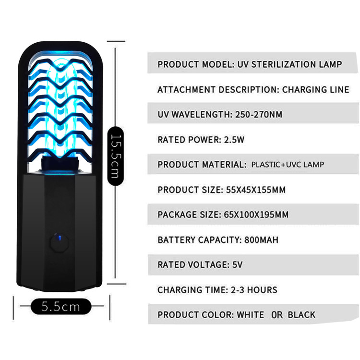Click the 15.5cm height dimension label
click(x=115, y=156)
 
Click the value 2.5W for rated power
click(x=235, y=140)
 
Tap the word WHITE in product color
click(x=250, y=315)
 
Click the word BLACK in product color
click(x=301, y=315)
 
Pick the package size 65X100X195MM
click(x=256, y=215)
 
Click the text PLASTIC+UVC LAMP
click(x=288, y=165)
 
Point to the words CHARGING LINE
click(x=315, y=90)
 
